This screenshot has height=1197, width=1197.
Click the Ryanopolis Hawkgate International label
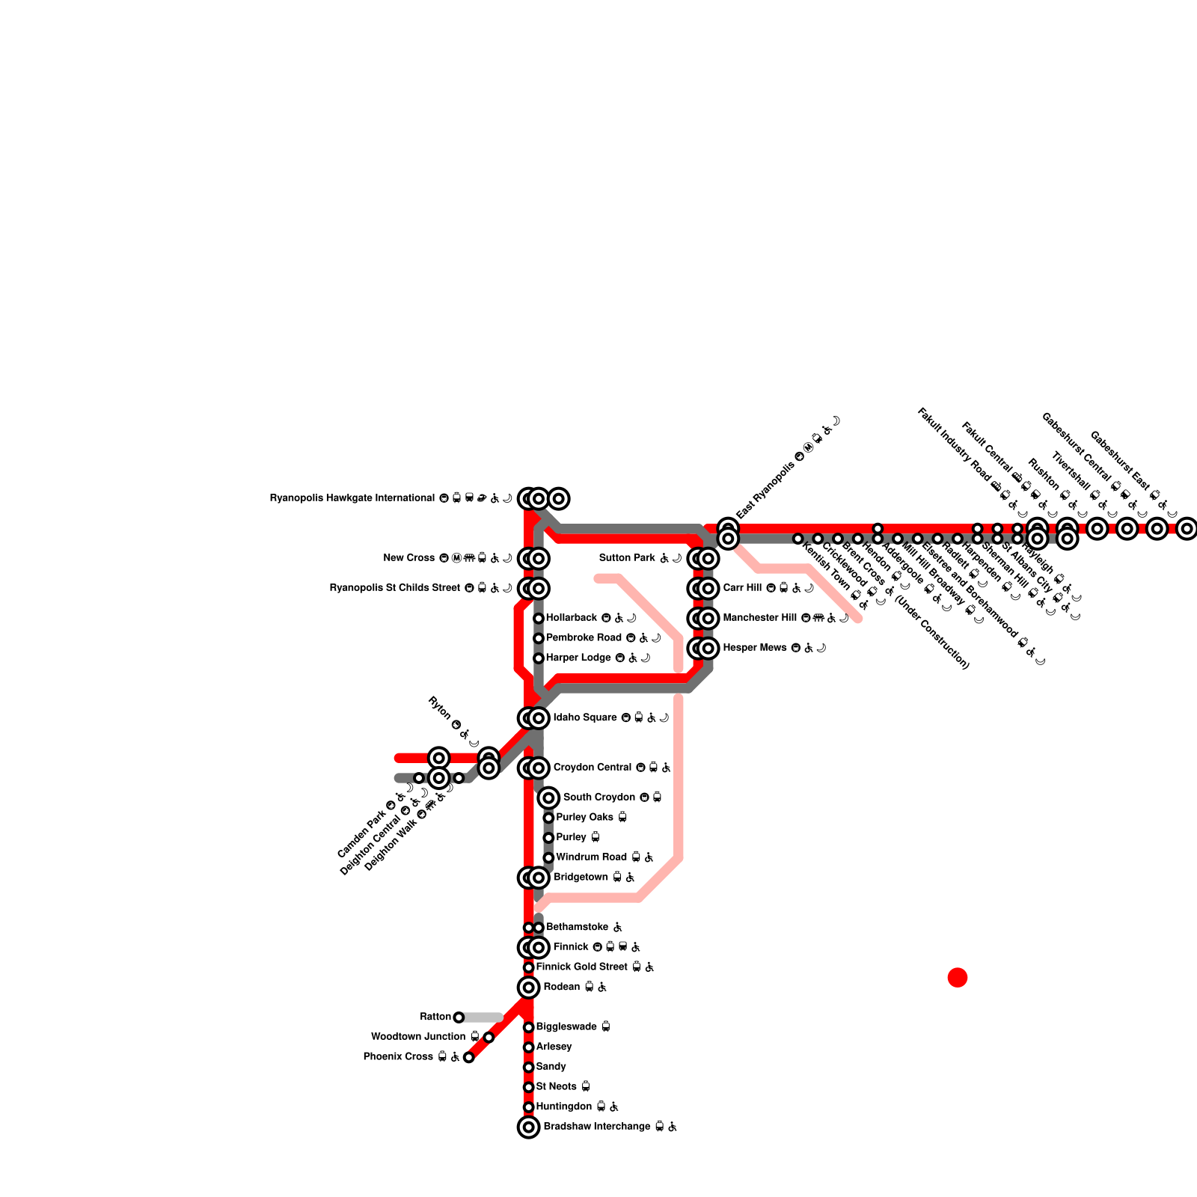point(352,498)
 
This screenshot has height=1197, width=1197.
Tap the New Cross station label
point(408,558)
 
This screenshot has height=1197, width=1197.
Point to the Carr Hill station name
point(742,588)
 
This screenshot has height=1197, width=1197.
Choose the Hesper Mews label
point(755,648)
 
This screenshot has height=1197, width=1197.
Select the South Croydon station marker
point(548,798)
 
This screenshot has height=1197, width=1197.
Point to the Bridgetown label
point(581,878)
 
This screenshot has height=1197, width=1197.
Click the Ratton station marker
point(459,1017)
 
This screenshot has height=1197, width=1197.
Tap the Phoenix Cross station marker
point(468,1057)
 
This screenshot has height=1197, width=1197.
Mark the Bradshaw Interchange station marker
point(528,1127)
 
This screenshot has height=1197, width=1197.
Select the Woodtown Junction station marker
point(489,1037)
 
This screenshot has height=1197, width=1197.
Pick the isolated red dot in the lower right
point(958,977)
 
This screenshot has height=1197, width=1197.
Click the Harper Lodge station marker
point(539,658)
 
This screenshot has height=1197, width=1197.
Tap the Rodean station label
point(561,988)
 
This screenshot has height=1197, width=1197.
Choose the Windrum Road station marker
point(548,857)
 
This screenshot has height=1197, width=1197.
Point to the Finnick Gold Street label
point(583,967)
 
